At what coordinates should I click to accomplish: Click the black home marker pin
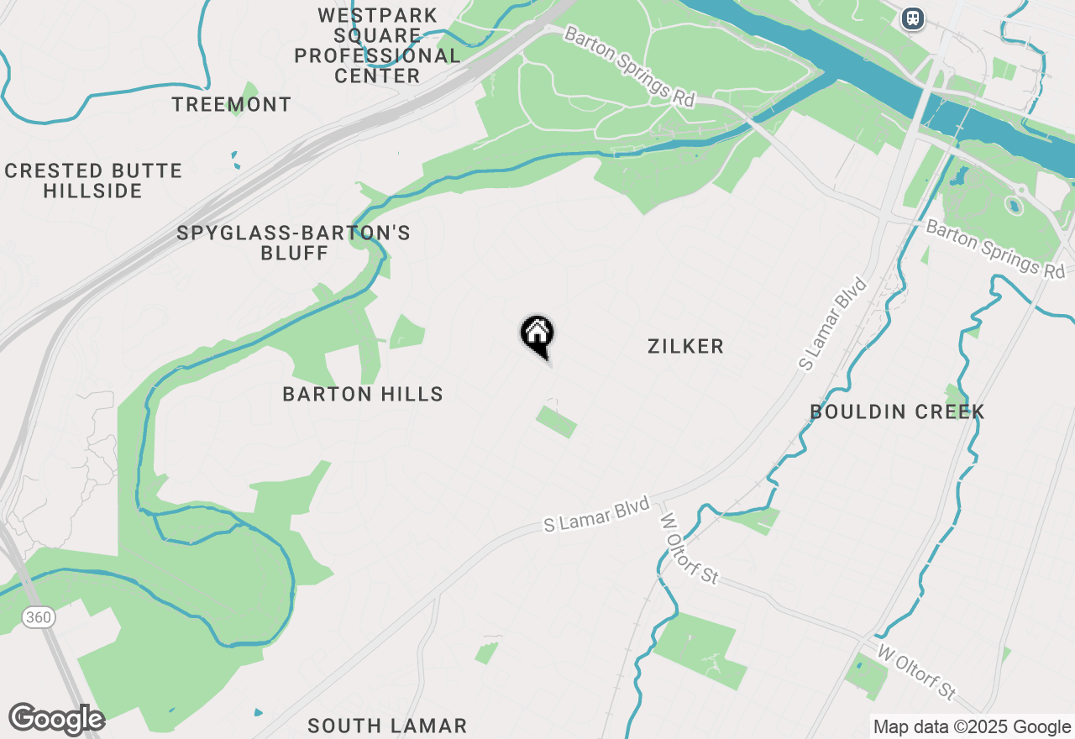tap(537, 334)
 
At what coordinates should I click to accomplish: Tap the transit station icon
tap(912, 18)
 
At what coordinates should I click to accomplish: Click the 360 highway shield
tap(38, 618)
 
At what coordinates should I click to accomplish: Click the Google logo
tap(56, 720)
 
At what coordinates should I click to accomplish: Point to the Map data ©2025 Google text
tap(972, 727)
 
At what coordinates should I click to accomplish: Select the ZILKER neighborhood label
tap(685, 346)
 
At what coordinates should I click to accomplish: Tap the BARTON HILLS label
tap(363, 394)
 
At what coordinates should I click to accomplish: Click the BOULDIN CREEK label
tap(897, 411)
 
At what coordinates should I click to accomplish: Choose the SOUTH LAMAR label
tap(386, 726)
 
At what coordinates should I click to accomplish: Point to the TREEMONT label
tap(232, 105)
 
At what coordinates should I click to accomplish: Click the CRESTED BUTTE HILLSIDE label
tap(93, 181)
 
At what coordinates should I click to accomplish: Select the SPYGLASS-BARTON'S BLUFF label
tap(294, 242)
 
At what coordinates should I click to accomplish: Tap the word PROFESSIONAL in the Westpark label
tap(377, 56)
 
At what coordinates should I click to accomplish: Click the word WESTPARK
tap(378, 16)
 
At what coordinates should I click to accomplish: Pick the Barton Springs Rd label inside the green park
tap(630, 66)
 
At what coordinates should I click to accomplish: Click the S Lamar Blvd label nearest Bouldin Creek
tap(832, 322)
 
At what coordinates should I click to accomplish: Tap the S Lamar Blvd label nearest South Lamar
tap(597, 514)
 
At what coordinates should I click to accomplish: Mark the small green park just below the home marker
tap(557, 422)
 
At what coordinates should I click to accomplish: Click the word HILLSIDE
tap(93, 191)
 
